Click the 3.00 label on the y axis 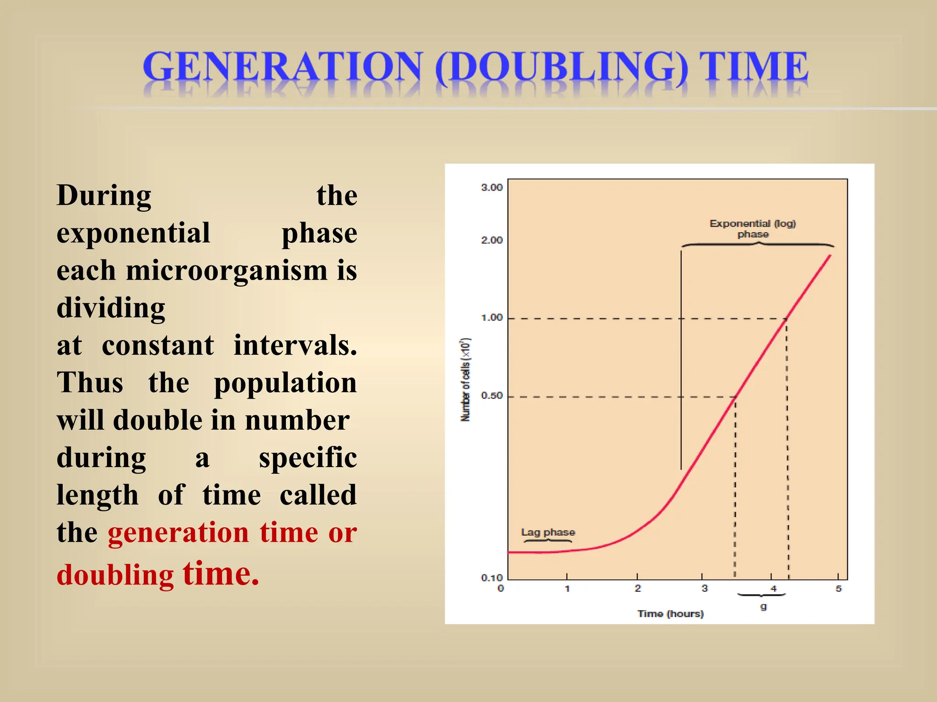[x=492, y=187]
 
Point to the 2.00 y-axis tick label [x=492, y=240]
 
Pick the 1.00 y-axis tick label [x=492, y=318]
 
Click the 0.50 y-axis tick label [x=492, y=395]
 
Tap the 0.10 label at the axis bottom [x=492, y=578]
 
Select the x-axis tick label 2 [x=638, y=589]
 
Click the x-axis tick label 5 [x=838, y=589]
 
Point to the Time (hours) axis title [x=670, y=614]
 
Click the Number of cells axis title [x=465, y=379]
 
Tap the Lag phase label [x=548, y=532]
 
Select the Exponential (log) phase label [x=753, y=229]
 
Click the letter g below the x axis [x=763, y=606]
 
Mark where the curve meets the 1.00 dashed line [x=786, y=319]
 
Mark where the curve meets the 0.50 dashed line [x=736, y=397]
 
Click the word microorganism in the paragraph [x=226, y=270]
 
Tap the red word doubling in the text [x=115, y=574]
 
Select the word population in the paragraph [x=285, y=383]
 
